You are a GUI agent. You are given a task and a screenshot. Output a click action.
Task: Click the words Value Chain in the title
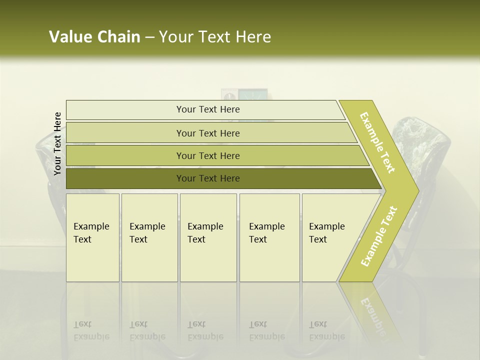(94, 37)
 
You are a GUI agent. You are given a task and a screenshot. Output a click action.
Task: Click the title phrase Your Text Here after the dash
(215, 37)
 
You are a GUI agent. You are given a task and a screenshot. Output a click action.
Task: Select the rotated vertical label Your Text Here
(57, 143)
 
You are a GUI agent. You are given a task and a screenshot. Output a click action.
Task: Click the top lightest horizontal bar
(207, 109)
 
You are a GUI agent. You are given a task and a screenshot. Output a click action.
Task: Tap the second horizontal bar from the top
(207, 133)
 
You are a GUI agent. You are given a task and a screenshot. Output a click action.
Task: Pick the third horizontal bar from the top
(207, 155)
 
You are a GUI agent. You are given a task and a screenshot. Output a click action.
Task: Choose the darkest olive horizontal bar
(207, 178)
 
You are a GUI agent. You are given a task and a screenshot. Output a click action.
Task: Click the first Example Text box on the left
(92, 237)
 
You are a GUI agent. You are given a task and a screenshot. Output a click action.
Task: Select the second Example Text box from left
(149, 237)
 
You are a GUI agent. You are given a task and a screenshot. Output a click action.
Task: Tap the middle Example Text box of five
(208, 237)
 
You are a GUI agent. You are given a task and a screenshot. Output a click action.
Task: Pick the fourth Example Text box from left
(269, 237)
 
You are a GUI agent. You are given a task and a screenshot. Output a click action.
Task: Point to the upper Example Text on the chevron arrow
(377, 142)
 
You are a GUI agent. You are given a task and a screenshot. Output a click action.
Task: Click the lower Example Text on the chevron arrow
(379, 236)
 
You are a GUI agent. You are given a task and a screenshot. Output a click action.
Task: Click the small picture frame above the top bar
(244, 94)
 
